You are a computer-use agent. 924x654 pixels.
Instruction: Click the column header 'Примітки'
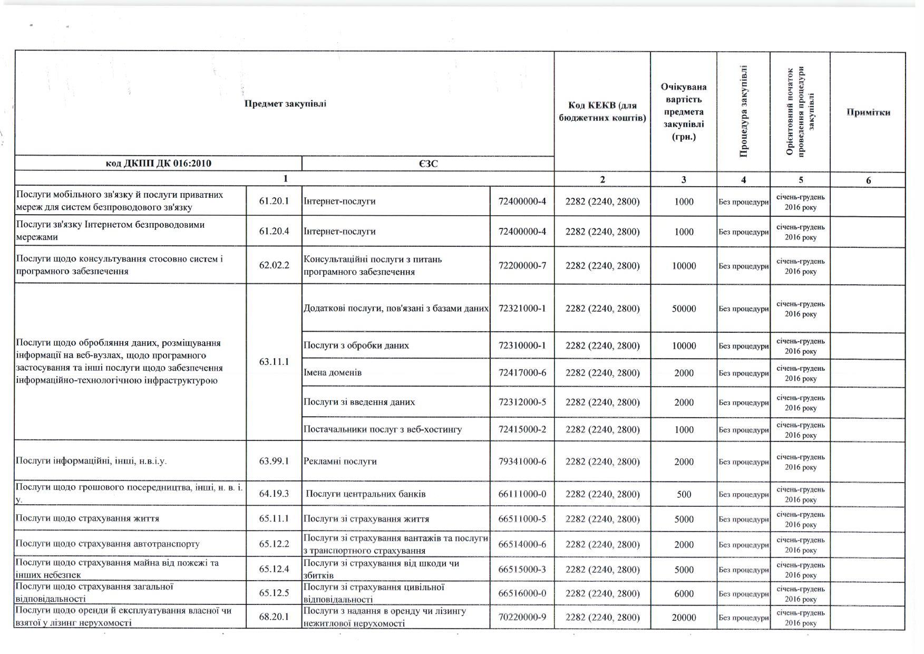tap(868, 112)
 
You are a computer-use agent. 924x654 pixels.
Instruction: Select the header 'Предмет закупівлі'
tap(285, 103)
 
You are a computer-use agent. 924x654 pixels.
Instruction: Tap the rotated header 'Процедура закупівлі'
tap(743, 111)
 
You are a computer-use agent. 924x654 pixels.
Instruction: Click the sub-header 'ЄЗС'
tap(428, 163)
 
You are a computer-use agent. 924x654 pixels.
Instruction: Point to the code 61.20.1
tap(274, 201)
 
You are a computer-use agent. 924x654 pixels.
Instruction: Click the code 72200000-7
tap(522, 266)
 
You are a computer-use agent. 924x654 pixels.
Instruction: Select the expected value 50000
tap(684, 309)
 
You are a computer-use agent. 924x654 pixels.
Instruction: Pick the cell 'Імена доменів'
tap(333, 373)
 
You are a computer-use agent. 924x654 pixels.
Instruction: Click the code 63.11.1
tap(274, 362)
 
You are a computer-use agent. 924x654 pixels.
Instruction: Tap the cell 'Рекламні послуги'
tap(341, 461)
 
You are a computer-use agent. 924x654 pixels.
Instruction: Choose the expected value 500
tap(684, 495)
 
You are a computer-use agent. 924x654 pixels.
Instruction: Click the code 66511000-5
tap(522, 519)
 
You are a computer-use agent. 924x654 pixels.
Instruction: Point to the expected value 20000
tap(684, 618)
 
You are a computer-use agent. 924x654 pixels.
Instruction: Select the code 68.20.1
tap(274, 617)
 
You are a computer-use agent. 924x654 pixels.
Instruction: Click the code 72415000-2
tap(522, 429)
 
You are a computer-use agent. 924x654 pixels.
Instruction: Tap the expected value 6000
tap(684, 594)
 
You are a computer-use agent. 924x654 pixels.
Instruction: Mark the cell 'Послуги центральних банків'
tap(366, 494)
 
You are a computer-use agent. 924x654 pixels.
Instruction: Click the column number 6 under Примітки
tap(868, 180)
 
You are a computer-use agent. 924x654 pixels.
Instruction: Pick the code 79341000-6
tap(522, 461)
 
